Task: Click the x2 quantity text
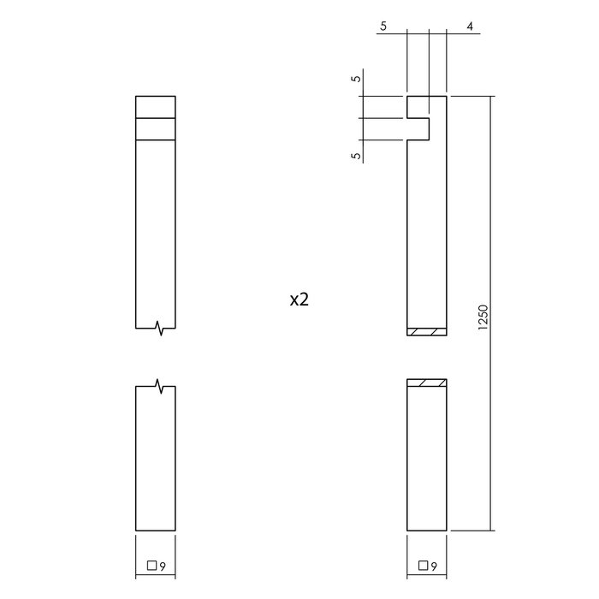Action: (x=299, y=299)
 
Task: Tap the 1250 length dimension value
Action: (x=482, y=317)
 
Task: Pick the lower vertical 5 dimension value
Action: (x=357, y=155)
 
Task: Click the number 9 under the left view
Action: (x=162, y=565)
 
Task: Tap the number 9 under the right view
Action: (x=434, y=565)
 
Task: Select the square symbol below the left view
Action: (x=151, y=565)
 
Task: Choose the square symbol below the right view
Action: (x=423, y=565)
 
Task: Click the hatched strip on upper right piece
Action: (x=426, y=332)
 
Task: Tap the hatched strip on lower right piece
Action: (x=426, y=383)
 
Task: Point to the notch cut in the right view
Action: (x=417, y=128)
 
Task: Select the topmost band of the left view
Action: (x=156, y=107)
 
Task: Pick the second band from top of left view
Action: (x=156, y=128)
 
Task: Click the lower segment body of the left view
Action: (x=156, y=458)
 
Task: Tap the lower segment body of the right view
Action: (x=426, y=458)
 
